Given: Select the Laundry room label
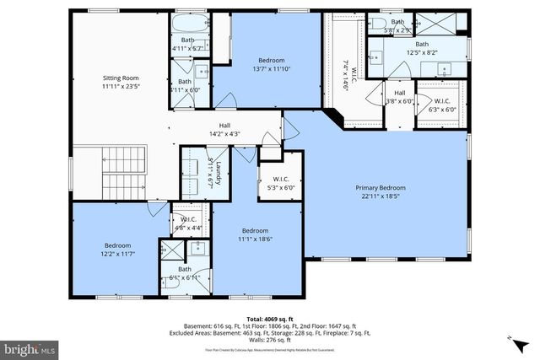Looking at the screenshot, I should (x=218, y=172).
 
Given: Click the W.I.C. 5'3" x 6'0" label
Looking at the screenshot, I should (x=281, y=183).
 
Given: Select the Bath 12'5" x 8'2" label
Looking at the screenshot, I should (x=421, y=49).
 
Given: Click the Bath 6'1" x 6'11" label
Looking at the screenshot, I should (x=185, y=273).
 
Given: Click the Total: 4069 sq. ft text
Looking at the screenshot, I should (x=270, y=319).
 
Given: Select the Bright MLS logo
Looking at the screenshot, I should (x=30, y=347).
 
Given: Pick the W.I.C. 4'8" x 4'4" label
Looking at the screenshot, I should (x=187, y=223).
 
